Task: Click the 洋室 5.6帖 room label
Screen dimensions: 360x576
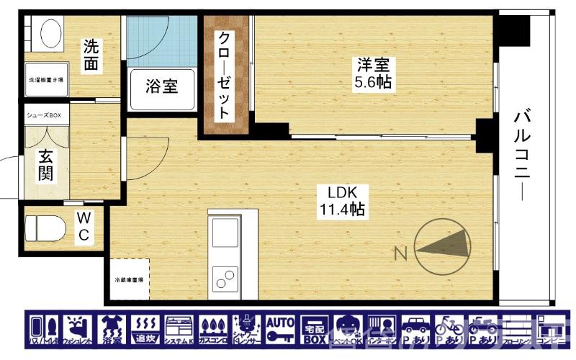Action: pos(372,73)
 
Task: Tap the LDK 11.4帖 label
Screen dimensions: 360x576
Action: pos(342,202)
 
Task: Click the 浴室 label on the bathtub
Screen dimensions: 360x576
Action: pos(162,87)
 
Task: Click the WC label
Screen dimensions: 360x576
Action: pos(84,225)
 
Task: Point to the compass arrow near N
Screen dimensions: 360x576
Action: pos(444,245)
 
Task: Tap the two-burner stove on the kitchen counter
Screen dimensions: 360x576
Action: pos(225,277)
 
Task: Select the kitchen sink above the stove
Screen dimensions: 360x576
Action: pos(225,234)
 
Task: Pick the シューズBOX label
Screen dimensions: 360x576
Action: pos(45,115)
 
